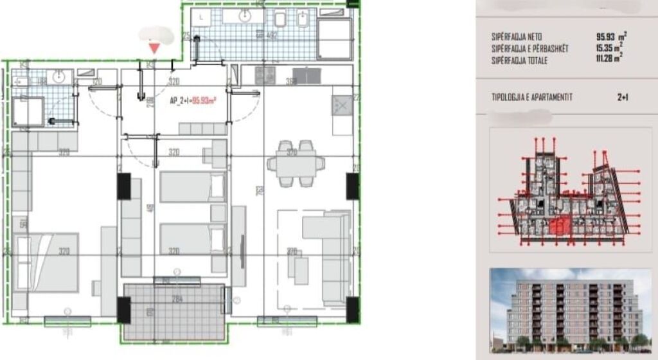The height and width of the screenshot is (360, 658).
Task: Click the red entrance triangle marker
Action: pos(154,47)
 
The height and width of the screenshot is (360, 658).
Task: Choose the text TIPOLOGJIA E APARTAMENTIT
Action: pos(531,97)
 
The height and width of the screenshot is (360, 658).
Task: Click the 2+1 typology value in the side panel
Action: pos(622,97)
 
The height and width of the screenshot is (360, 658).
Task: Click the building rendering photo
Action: pos(571,309)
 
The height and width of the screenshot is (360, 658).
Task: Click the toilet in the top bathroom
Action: pos(281,19)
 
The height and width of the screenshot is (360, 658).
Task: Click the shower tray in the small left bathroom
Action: pos(28,112)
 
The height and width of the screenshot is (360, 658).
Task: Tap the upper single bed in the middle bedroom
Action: pos(192,186)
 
